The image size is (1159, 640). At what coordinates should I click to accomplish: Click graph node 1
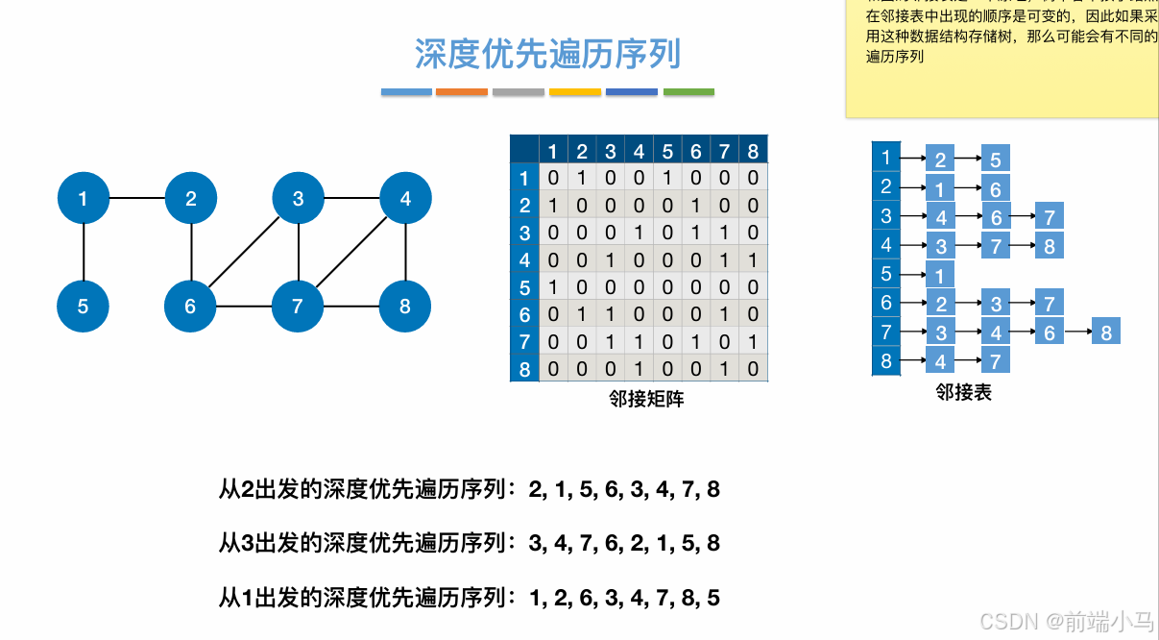[84, 199]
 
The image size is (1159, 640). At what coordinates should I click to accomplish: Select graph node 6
[191, 307]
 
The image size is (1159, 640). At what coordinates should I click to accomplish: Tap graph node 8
[405, 308]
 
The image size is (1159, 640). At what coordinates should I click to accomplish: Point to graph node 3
[299, 199]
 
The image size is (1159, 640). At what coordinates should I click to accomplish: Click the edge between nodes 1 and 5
[84, 253]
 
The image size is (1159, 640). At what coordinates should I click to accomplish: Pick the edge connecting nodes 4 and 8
[405, 253]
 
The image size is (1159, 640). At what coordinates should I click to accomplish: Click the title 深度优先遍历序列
[547, 54]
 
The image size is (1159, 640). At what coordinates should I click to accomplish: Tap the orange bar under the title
[462, 92]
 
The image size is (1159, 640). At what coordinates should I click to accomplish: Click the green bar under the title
[688, 92]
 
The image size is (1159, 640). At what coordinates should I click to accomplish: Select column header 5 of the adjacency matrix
[667, 151]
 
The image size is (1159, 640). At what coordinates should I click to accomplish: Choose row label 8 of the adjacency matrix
[524, 369]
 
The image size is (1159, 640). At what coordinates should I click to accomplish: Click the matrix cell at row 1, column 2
[582, 178]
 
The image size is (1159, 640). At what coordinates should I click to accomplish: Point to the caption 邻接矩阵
[646, 399]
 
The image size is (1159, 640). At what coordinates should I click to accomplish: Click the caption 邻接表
[963, 392]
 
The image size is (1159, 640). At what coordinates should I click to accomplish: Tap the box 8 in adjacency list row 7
[1106, 332]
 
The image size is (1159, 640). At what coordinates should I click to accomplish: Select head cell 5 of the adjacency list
[885, 274]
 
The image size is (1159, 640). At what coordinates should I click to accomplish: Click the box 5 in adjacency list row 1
[996, 160]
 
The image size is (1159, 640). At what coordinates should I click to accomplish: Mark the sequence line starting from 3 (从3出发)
[470, 544]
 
